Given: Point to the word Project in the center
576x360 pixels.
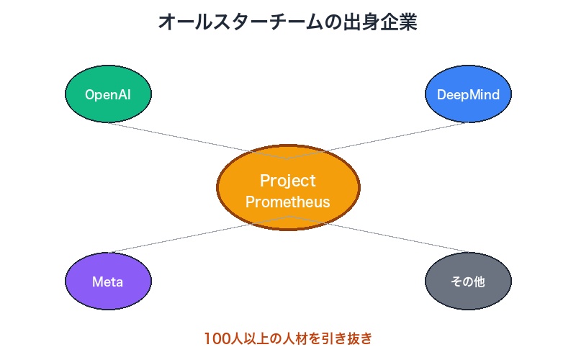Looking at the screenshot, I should tap(288, 180).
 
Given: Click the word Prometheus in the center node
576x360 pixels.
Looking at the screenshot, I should tap(288, 202).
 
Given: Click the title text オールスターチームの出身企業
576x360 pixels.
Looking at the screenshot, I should tap(288, 22).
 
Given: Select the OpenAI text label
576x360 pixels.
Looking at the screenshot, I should tap(108, 94).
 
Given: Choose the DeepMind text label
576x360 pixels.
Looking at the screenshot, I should tap(468, 94).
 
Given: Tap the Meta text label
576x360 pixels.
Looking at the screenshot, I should tap(108, 282).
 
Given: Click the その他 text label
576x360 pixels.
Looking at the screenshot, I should tap(468, 282).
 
